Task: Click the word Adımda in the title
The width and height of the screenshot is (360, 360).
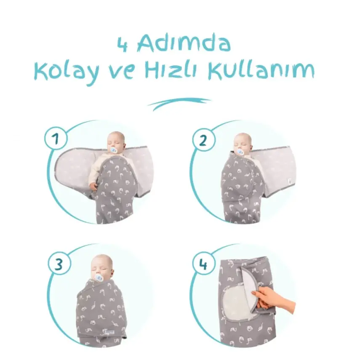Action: [x=184, y=43]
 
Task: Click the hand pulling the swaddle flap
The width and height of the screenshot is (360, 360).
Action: [x=274, y=299]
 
